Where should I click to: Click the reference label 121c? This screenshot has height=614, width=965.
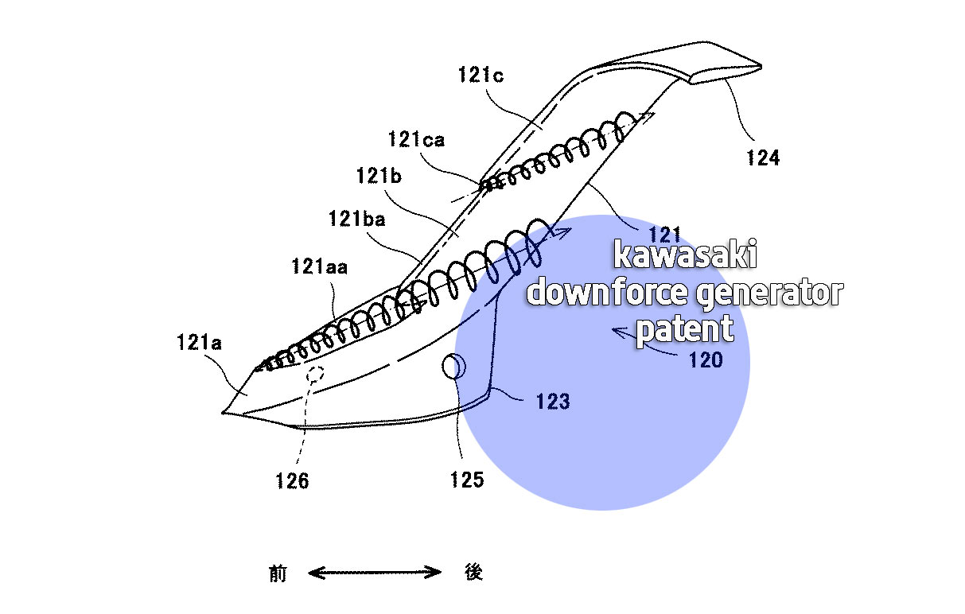click(x=481, y=75)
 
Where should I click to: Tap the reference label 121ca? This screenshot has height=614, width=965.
click(x=416, y=139)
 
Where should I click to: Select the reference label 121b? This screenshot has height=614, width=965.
click(x=379, y=176)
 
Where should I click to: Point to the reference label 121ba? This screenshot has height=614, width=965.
click(x=356, y=219)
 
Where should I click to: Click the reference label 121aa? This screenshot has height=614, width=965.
click(x=319, y=266)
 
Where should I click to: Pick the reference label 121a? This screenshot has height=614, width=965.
click(x=199, y=343)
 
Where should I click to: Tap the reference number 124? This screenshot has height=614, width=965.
click(x=763, y=157)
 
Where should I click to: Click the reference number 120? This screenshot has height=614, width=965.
click(x=706, y=360)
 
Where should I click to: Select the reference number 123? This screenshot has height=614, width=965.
click(x=553, y=402)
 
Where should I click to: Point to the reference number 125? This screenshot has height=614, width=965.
click(x=467, y=480)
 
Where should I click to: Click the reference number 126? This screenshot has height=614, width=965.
click(x=292, y=481)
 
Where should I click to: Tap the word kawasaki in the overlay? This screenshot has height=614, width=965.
click(x=685, y=254)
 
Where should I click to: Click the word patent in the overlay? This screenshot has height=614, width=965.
click(x=685, y=329)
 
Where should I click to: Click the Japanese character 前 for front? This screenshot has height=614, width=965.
click(x=278, y=573)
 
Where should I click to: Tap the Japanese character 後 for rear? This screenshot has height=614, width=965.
click(x=473, y=572)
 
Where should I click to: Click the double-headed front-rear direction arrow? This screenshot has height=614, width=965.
click(x=375, y=573)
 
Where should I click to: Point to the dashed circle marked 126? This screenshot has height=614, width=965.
click(x=315, y=374)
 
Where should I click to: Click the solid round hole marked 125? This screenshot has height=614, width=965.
click(x=453, y=367)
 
